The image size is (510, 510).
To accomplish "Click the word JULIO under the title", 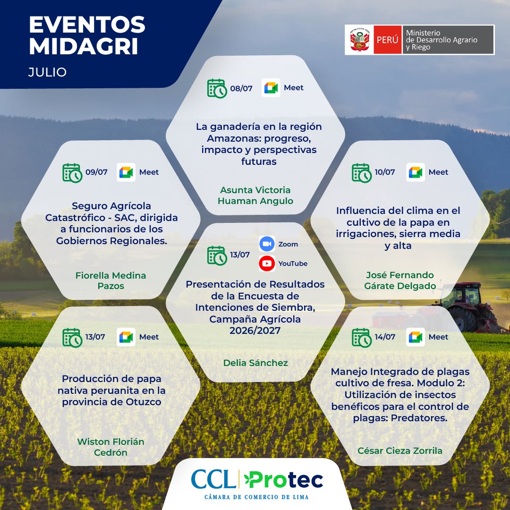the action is tap(48, 72).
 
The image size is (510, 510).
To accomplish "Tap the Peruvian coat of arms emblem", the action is tap(359, 40).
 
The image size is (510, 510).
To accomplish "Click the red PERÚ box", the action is tap(387, 40).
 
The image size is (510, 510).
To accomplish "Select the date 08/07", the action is tap(241, 88).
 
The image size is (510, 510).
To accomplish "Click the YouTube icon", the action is tap(267, 263).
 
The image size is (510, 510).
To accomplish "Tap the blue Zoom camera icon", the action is tap(267, 244).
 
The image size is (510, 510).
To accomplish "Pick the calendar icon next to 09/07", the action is tap(72, 173).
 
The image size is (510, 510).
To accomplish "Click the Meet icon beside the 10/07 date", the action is tap(416, 172).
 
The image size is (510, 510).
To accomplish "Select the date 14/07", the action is tap(385, 337).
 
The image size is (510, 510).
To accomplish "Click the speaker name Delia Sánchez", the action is tap(255, 363).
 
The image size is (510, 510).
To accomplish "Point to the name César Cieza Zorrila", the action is tap(400, 450).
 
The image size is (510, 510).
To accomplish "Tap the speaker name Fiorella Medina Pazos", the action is tap(110, 280).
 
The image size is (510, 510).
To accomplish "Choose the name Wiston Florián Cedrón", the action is tap(110, 447).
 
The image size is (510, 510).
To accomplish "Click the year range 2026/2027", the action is tap(255, 331).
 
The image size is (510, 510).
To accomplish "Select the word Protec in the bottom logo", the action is tap(283, 480).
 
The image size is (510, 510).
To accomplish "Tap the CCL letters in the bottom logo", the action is tap(213, 479).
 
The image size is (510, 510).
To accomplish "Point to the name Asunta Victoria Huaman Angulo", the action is tap(255, 195).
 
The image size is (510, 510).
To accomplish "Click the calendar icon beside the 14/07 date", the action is tap(362, 338).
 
